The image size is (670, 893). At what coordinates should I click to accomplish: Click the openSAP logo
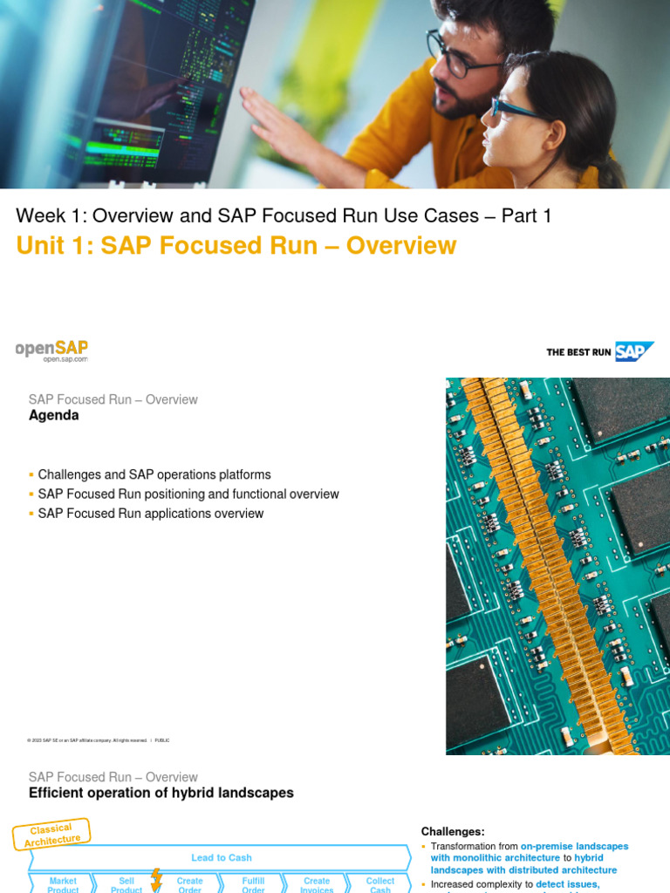(51, 351)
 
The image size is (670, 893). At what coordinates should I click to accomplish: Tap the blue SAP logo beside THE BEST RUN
(634, 351)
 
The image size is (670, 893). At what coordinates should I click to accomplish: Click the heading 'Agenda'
(54, 416)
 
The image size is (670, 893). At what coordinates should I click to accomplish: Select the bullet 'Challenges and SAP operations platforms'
(154, 474)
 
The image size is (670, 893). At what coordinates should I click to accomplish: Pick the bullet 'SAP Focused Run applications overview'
(151, 514)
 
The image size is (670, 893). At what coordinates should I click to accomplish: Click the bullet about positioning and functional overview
(188, 494)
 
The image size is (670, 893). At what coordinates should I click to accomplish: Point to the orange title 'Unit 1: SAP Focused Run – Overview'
(236, 246)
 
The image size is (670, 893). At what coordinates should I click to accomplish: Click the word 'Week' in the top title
(42, 215)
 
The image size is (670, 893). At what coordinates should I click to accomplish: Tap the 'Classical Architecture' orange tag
(52, 834)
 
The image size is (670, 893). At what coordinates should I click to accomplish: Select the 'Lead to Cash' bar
(222, 857)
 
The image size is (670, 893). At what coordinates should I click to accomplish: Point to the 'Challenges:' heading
(453, 831)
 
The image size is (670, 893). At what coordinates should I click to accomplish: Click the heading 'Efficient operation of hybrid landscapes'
(161, 794)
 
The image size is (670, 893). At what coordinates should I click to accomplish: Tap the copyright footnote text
(98, 740)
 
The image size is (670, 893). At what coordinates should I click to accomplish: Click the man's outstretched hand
(279, 128)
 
